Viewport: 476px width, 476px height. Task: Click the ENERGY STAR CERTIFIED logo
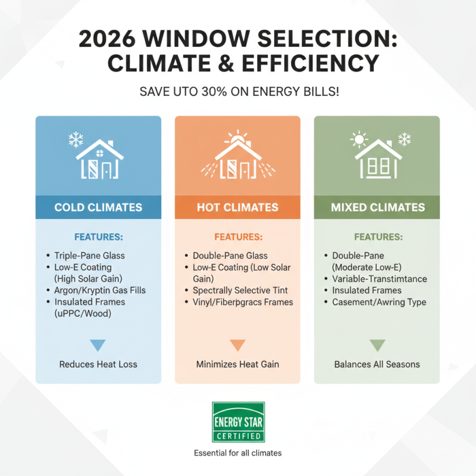point(238,422)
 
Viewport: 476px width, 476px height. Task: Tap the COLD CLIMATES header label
point(98,208)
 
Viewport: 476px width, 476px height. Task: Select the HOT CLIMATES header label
point(237,208)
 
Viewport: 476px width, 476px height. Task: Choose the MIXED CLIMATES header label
point(377,208)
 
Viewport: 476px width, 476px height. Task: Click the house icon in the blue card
point(99,158)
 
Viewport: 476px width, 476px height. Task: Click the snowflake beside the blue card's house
point(75,140)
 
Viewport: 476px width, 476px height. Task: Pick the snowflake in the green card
point(404,140)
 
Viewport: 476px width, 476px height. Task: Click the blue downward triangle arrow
point(98,345)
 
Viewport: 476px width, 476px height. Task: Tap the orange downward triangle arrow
point(237,345)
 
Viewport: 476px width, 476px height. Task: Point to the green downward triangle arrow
point(377,345)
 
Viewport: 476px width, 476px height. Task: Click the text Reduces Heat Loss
point(98,364)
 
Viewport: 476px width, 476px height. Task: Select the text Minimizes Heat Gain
point(237,364)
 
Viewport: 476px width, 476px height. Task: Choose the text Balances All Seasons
point(377,364)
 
